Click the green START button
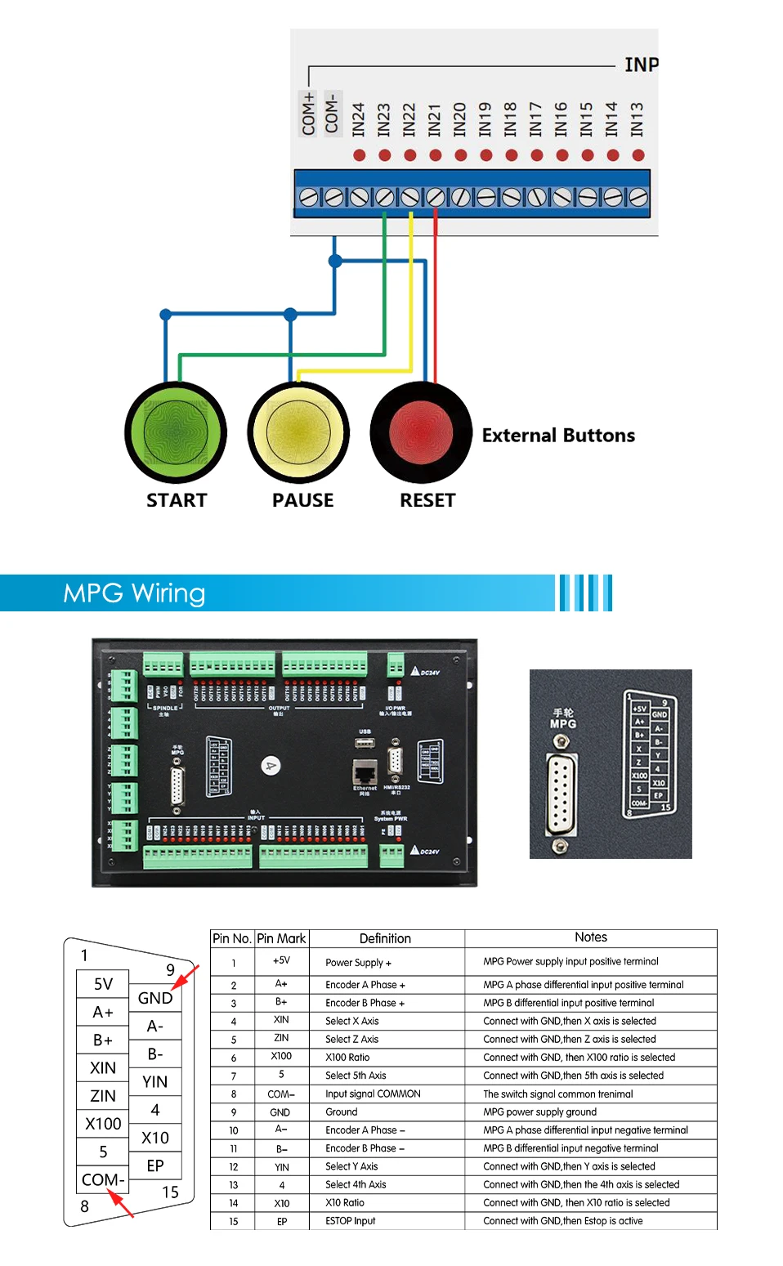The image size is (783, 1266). click(176, 432)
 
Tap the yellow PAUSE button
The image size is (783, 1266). click(298, 432)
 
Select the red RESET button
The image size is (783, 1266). click(421, 432)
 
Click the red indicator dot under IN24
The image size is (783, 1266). click(359, 155)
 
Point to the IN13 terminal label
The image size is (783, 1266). click(638, 119)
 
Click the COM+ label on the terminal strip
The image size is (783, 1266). click(308, 114)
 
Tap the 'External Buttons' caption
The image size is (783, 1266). click(558, 436)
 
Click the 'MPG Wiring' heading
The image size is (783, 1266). click(134, 593)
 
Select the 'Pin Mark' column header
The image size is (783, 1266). click(281, 939)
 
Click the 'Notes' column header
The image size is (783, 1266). click(590, 937)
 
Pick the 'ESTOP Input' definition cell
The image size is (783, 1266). click(351, 1221)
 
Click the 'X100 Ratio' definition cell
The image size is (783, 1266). click(347, 1058)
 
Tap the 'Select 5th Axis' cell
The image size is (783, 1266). click(356, 1076)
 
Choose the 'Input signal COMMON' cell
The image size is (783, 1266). click(373, 1094)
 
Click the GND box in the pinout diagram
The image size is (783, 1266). click(155, 998)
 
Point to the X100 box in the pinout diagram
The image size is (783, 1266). click(103, 1124)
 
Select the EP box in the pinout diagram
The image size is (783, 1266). click(155, 1165)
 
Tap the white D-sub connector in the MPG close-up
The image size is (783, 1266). click(560, 794)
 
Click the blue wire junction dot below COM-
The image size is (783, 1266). click(335, 262)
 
